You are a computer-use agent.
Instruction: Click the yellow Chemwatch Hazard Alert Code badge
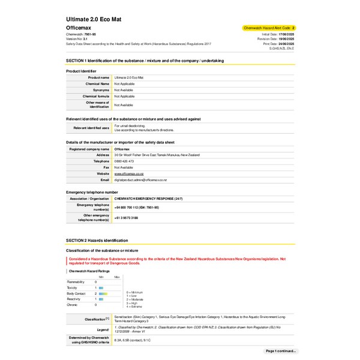coord(269,28)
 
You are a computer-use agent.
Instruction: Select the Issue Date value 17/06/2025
coord(287,35)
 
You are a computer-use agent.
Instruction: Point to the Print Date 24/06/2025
coord(287,44)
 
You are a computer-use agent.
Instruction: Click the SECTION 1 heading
coord(145,61)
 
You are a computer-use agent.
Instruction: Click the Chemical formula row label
coord(96,96)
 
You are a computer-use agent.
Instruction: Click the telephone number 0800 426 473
coord(124,161)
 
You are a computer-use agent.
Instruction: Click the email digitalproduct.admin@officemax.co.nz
coord(140,179)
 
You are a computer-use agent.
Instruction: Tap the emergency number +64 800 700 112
coord(136,206)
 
